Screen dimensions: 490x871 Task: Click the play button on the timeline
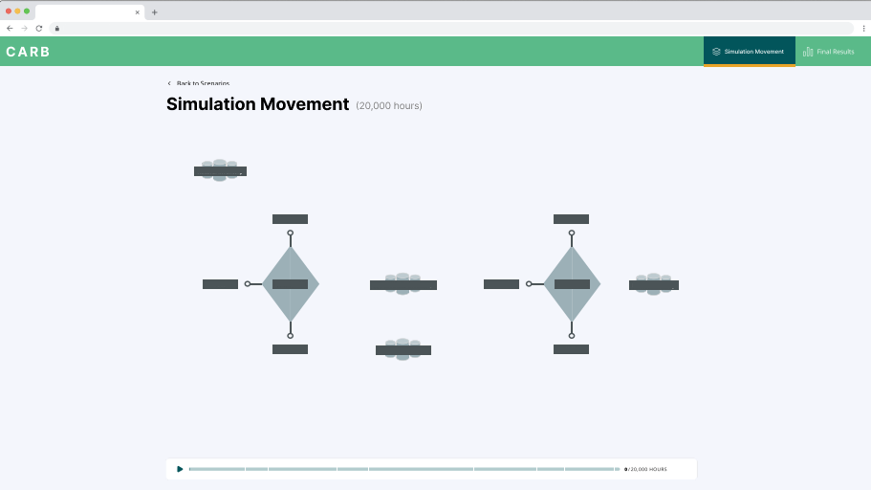click(x=180, y=469)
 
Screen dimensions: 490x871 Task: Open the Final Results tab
click(x=829, y=52)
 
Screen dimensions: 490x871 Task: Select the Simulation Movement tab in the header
click(x=749, y=52)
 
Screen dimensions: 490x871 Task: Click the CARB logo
click(x=28, y=52)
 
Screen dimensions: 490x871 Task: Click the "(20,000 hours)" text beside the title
click(x=389, y=105)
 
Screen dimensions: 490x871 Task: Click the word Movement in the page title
click(x=304, y=104)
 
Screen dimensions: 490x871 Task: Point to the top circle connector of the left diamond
click(x=291, y=233)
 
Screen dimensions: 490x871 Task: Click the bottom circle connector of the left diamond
click(x=291, y=336)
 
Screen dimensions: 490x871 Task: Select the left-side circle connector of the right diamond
click(x=529, y=284)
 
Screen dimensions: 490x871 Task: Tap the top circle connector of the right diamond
click(x=572, y=233)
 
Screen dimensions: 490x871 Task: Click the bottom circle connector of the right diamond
click(x=572, y=336)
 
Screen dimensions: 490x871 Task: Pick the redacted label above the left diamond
click(x=290, y=219)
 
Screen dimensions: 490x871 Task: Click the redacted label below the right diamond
click(x=571, y=349)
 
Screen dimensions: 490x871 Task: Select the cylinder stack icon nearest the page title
click(x=220, y=170)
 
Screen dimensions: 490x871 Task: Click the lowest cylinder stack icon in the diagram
click(x=403, y=349)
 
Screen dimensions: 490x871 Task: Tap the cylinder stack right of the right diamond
click(x=654, y=284)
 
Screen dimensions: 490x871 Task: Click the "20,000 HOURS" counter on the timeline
click(x=648, y=470)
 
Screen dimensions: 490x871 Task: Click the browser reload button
click(x=39, y=28)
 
